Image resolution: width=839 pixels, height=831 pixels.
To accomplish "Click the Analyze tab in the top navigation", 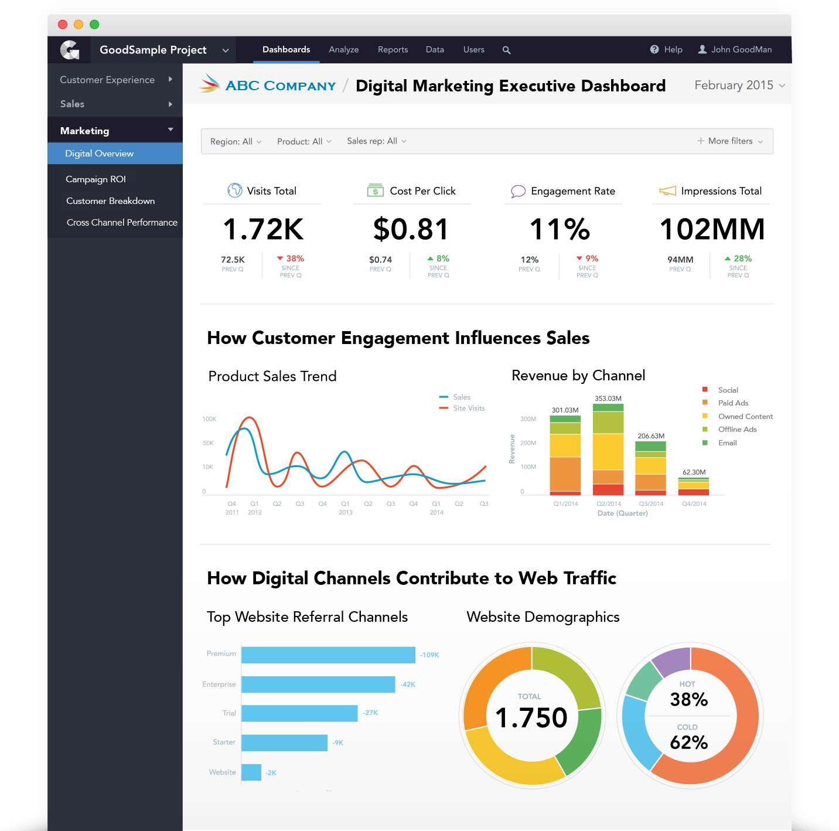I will pyautogui.click(x=343, y=50).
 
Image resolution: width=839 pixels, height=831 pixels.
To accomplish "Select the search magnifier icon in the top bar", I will pyautogui.click(x=507, y=50).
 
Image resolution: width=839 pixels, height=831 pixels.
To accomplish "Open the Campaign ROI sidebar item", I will pyautogui.click(x=96, y=179).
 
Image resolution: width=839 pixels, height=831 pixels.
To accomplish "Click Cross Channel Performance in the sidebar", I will pyautogui.click(x=122, y=223).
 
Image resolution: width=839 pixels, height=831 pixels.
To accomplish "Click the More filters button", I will pyautogui.click(x=730, y=141).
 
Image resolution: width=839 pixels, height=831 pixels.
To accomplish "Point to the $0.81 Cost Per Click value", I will pyautogui.click(x=411, y=229).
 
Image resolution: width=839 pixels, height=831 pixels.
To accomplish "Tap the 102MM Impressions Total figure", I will pyautogui.click(x=712, y=229).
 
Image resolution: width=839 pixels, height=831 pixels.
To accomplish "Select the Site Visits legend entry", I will pyautogui.click(x=468, y=408).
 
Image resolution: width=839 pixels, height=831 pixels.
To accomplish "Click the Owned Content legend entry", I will pyautogui.click(x=745, y=417).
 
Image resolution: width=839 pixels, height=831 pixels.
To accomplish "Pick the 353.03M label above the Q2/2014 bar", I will pyautogui.click(x=608, y=399).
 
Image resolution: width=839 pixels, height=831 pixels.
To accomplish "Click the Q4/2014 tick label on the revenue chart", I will pyautogui.click(x=694, y=504).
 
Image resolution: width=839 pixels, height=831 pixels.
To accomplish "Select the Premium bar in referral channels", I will pyautogui.click(x=328, y=655).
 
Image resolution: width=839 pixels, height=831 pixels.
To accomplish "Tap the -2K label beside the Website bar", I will pyautogui.click(x=271, y=773).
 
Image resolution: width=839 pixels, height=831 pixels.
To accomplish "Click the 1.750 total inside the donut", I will pyautogui.click(x=531, y=718).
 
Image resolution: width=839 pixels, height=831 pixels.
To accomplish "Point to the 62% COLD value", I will pyautogui.click(x=689, y=743).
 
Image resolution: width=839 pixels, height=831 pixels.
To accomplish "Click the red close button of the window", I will pyautogui.click(x=63, y=25).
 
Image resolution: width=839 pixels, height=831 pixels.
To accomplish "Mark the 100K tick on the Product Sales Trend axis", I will pyautogui.click(x=209, y=419).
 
